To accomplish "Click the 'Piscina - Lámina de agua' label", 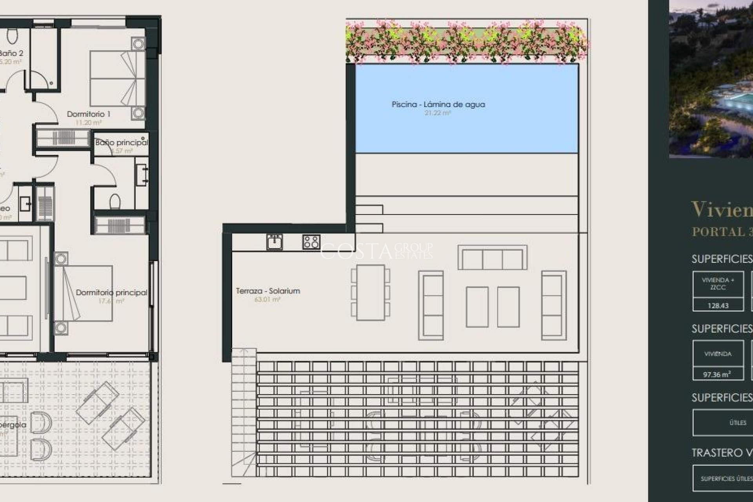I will pyautogui.click(x=438, y=105).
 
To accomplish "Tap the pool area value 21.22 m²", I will pyautogui.click(x=437, y=113).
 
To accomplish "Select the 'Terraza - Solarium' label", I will pyautogui.click(x=268, y=291).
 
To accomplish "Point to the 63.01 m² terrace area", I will pyautogui.click(x=267, y=300).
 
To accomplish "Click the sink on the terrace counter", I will pyautogui.click(x=274, y=242).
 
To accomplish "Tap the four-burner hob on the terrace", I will pyautogui.click(x=311, y=242).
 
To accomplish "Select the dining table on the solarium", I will pyautogui.click(x=370, y=292).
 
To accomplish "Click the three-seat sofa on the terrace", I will pyautogui.click(x=492, y=258).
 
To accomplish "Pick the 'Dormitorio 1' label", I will pyautogui.click(x=89, y=114).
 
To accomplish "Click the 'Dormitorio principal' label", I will pyautogui.click(x=111, y=293).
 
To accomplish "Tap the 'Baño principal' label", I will pyautogui.click(x=122, y=143).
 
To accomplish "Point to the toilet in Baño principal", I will pyautogui.click(x=115, y=202).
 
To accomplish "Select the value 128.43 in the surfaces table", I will pyautogui.click(x=718, y=306).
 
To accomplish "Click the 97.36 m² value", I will pyautogui.click(x=717, y=375).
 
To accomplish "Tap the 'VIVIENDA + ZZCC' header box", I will pyautogui.click(x=718, y=284).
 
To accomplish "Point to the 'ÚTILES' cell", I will pyautogui.click(x=738, y=423).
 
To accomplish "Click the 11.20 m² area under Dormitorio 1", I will pyautogui.click(x=88, y=123).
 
